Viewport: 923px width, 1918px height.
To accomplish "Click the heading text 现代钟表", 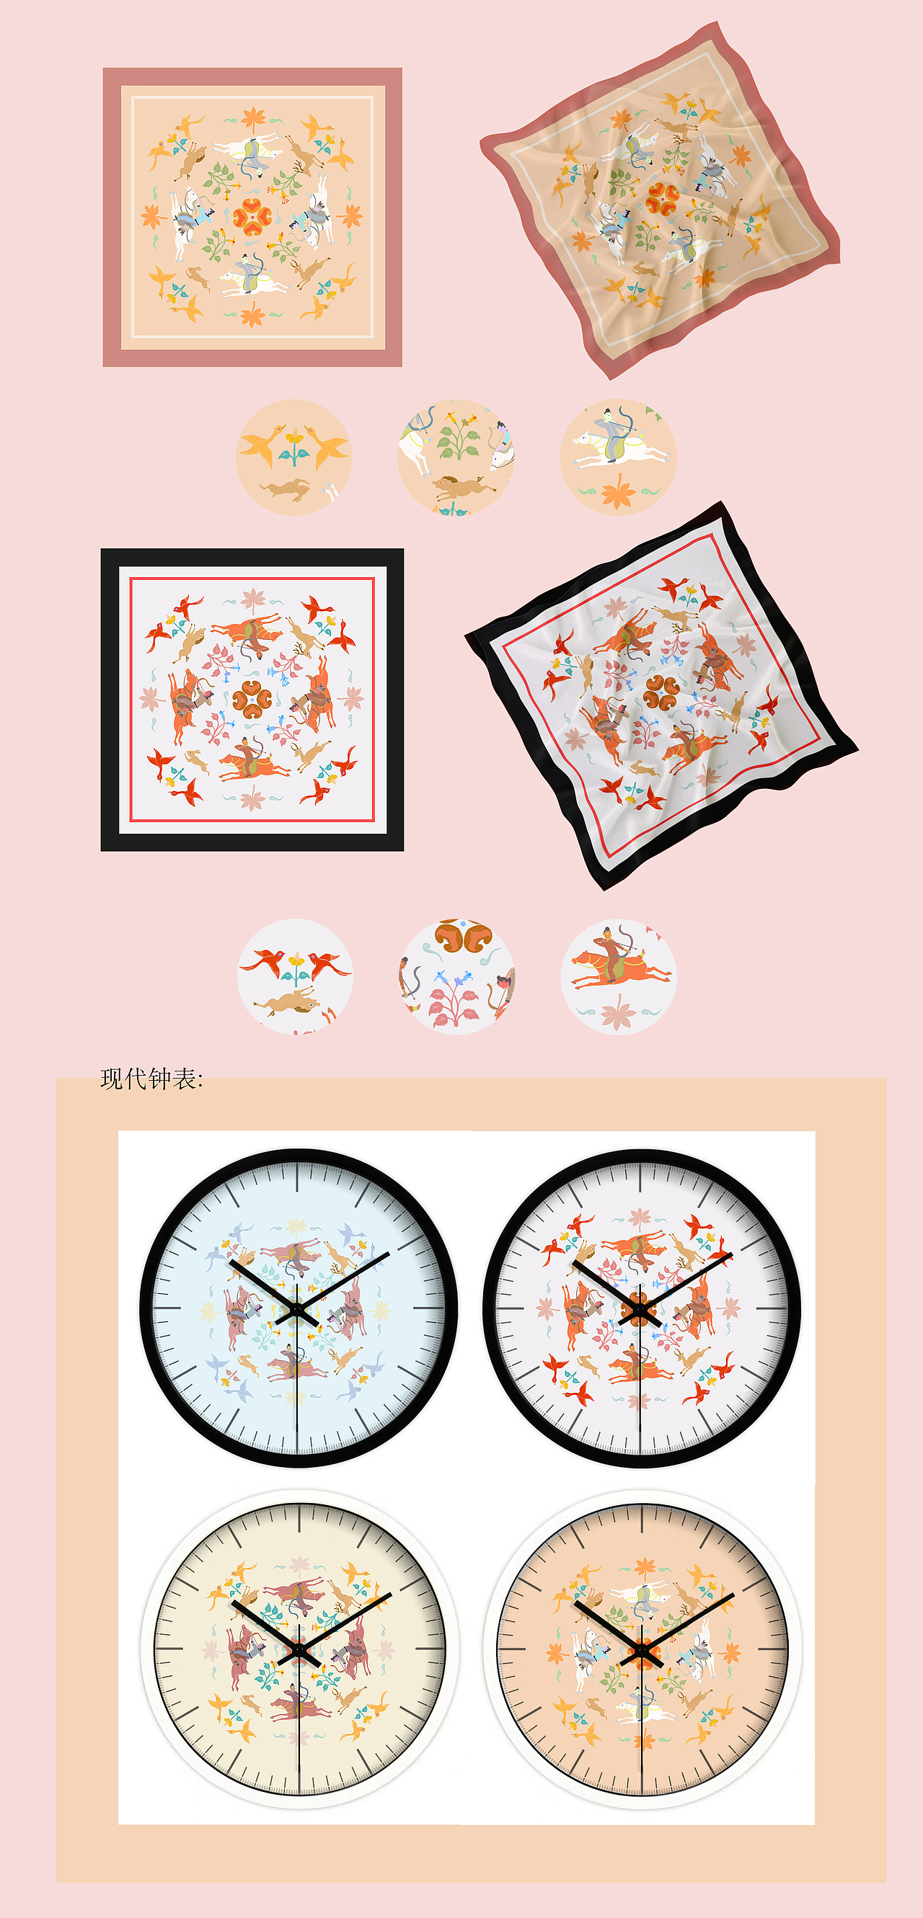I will coord(151,1079).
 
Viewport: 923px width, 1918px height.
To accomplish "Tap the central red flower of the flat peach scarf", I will coord(252,217).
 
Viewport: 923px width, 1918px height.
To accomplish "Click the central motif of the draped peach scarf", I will coord(661,199).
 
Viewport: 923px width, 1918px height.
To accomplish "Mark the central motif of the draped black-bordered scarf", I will coord(661,692).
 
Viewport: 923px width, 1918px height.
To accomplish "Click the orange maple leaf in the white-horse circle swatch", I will coord(617,493).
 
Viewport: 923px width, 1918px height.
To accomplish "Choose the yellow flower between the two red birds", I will coord(296,963).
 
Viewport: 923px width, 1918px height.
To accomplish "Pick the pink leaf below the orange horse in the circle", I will coord(617,1014).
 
